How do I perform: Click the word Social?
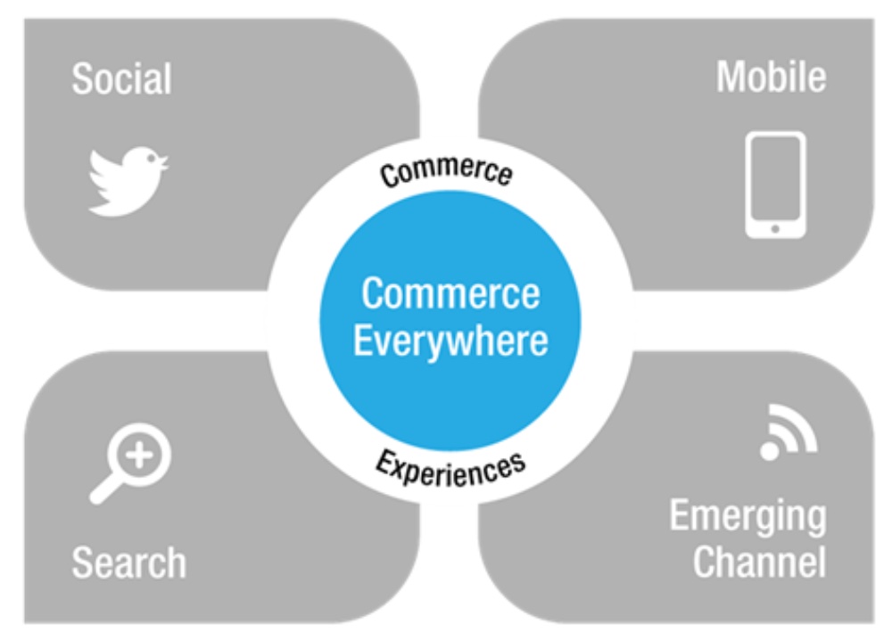click(x=121, y=79)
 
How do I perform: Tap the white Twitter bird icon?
click(x=128, y=181)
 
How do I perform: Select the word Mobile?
click(x=771, y=78)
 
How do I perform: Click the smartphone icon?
click(x=774, y=185)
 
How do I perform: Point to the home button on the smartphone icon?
click(x=774, y=229)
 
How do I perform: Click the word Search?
click(x=129, y=563)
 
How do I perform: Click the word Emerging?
click(x=747, y=516)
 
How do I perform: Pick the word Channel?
click(x=759, y=563)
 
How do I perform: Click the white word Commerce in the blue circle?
click(x=450, y=293)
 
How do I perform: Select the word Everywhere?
click(x=450, y=341)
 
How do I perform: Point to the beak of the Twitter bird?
click(x=164, y=161)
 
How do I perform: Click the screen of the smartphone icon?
click(x=774, y=181)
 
